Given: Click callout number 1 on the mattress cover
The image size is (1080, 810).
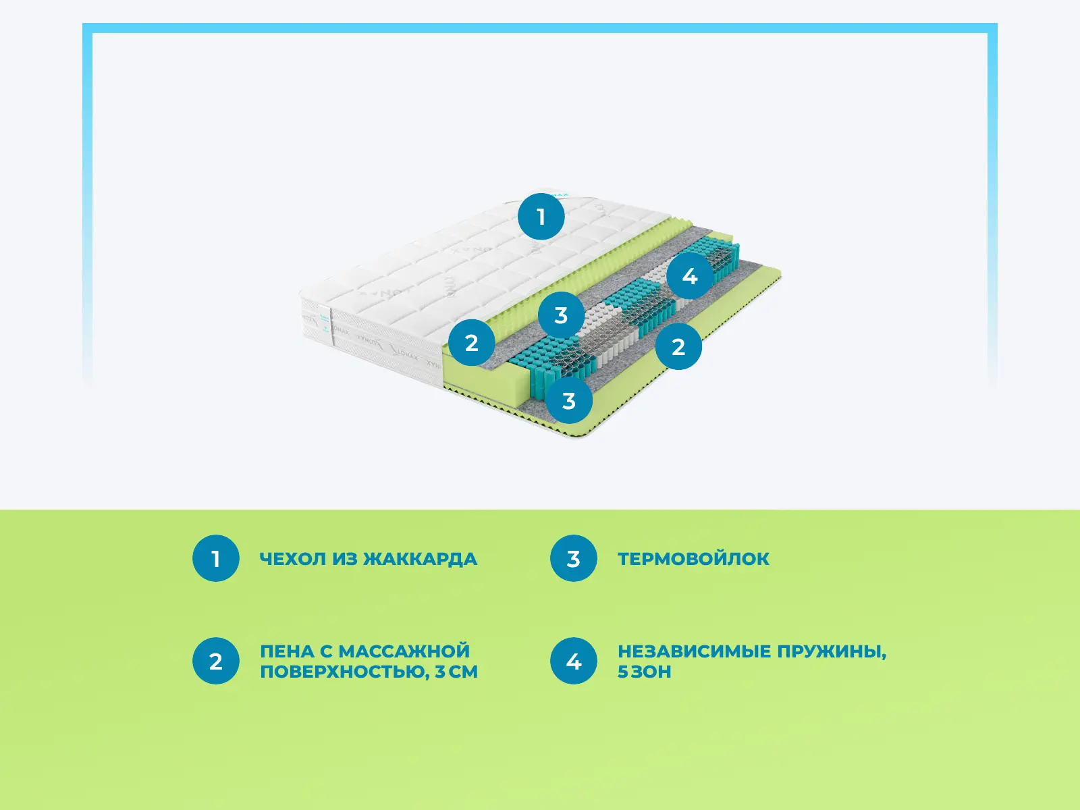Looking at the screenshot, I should (541, 217).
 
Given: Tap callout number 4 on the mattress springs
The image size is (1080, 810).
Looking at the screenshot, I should (689, 276).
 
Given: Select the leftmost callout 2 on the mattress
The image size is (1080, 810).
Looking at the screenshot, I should (472, 343).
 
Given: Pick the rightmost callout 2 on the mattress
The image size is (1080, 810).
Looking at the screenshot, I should (678, 347).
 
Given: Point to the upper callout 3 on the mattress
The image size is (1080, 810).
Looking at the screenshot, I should (561, 315).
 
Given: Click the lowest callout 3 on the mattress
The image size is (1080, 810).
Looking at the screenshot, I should (569, 401).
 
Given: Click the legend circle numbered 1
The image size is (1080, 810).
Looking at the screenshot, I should (216, 559).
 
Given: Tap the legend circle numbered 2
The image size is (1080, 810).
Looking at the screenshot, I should (216, 661).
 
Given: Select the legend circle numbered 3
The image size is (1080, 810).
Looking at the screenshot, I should (573, 559).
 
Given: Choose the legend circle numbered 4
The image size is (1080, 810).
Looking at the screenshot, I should (573, 661).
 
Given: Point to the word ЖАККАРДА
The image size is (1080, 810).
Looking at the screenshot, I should (420, 559).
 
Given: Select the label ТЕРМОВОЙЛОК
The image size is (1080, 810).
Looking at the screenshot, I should (693, 559).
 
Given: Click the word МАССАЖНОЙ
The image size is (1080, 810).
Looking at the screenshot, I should (404, 651).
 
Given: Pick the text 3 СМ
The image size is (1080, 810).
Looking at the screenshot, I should (456, 672).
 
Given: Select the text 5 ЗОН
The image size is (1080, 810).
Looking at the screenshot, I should (644, 672).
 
